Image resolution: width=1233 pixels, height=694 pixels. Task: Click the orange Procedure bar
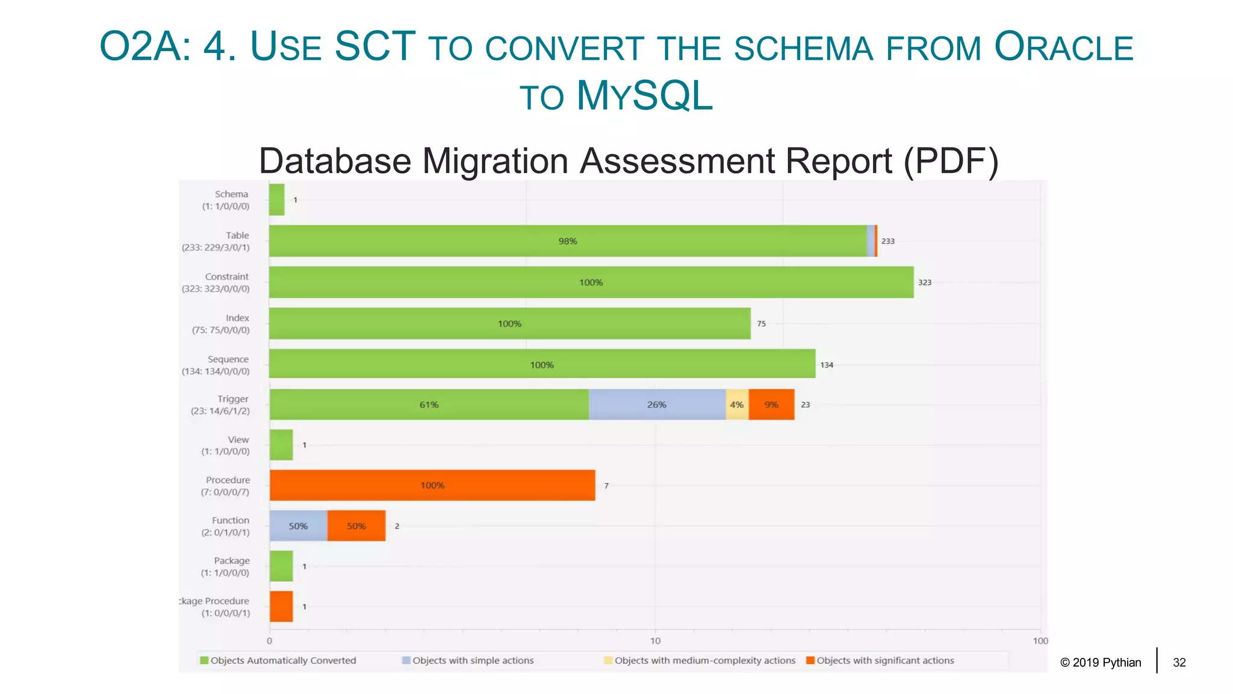point(432,485)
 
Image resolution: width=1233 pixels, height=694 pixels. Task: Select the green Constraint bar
point(591,282)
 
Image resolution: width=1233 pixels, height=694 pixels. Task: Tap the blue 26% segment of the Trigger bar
point(657,404)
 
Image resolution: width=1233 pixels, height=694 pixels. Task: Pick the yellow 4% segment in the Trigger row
point(737,404)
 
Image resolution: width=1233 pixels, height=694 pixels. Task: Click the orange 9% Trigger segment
point(771,404)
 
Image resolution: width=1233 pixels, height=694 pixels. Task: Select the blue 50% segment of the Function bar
point(298,526)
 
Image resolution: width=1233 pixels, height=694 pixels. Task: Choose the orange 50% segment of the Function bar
point(356,526)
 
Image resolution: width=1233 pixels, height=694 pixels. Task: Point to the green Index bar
point(509,324)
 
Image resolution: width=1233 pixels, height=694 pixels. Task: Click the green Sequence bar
point(542,364)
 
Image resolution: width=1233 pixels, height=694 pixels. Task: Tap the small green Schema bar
point(276,199)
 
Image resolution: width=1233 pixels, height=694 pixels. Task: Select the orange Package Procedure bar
point(281,607)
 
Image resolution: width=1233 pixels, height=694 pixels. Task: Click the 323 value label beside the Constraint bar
point(925,283)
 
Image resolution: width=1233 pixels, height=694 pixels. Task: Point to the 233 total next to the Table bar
point(888,241)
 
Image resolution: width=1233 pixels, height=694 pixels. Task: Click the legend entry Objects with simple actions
point(468,660)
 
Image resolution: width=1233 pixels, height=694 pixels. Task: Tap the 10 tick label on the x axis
point(655,641)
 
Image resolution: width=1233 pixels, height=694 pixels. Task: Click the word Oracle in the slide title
point(1063,47)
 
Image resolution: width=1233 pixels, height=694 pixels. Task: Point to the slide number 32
point(1179,663)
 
